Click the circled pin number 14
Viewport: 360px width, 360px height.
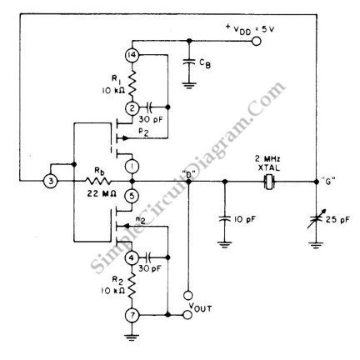(x=132, y=56)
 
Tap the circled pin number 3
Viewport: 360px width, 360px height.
(x=51, y=182)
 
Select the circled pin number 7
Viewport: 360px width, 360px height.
(x=132, y=315)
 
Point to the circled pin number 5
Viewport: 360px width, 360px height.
(x=132, y=196)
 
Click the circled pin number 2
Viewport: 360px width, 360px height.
(x=132, y=108)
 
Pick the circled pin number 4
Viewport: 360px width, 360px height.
(x=132, y=257)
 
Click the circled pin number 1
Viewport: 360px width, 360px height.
(x=132, y=166)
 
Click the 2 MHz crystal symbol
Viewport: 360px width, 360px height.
(x=269, y=182)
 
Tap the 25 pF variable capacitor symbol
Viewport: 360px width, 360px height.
(x=316, y=220)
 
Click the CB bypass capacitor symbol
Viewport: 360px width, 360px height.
(x=189, y=62)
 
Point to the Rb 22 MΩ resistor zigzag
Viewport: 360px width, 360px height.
(x=98, y=182)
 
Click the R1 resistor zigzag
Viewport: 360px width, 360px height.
(x=132, y=82)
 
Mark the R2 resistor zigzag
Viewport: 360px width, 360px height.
(x=132, y=286)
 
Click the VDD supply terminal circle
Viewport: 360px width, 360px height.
(x=256, y=42)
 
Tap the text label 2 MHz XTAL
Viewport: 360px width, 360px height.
(x=267, y=163)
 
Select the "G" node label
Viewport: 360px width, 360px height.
(x=329, y=182)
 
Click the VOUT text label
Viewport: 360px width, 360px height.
(x=200, y=307)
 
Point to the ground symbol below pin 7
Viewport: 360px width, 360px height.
(x=132, y=337)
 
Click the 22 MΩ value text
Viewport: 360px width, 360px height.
(x=102, y=194)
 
